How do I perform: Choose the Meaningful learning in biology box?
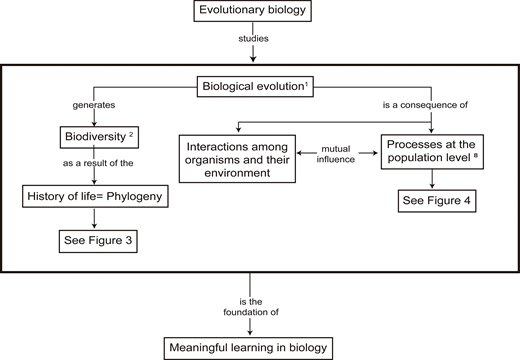tap(259, 347)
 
